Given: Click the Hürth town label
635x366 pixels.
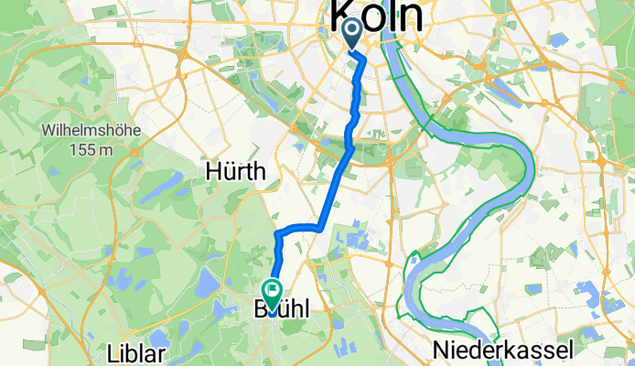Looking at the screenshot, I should point(235,171).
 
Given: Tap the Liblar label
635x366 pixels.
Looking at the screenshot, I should point(136,353).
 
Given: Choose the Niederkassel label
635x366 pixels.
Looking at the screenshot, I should point(504,349).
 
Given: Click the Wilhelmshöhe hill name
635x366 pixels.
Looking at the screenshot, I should point(89,131).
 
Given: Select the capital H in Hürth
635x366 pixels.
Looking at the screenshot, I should point(213,171).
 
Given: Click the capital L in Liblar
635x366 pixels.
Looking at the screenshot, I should point(112,353).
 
